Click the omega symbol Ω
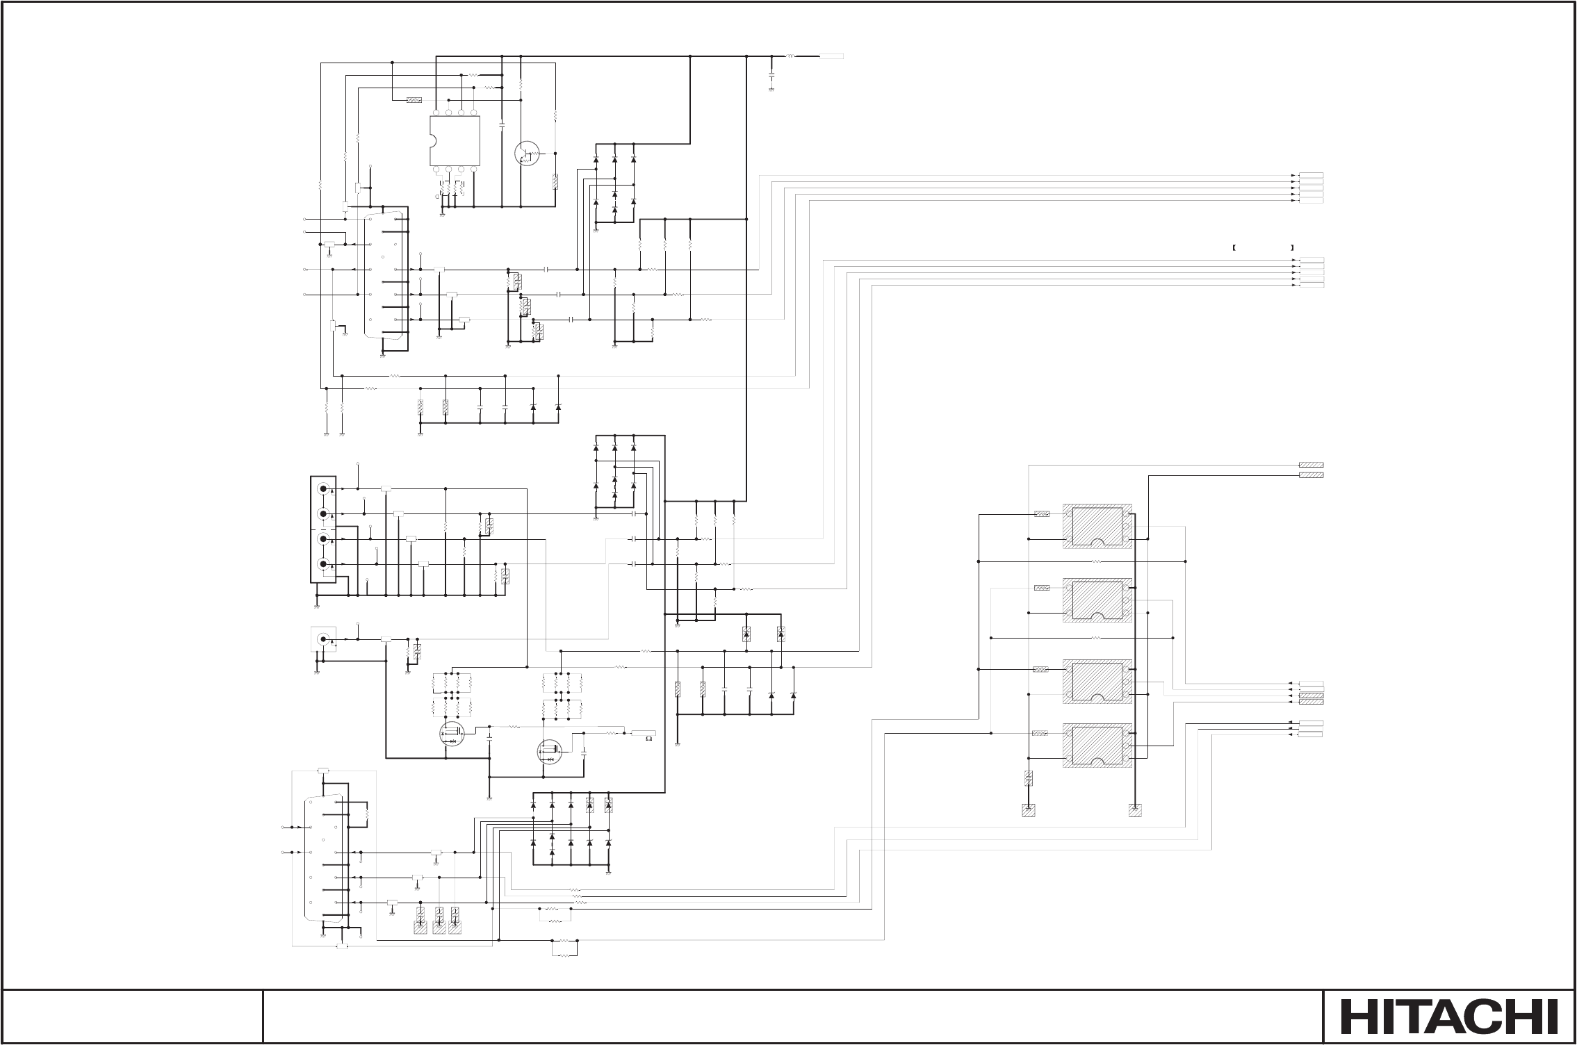[x=648, y=739]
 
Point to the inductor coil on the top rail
[x=791, y=56]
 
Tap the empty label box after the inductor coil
[x=831, y=56]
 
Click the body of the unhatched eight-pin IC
[x=455, y=140]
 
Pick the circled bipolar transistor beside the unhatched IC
[x=526, y=153]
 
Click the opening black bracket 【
[x=1232, y=247]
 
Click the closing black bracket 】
[x=1291, y=247]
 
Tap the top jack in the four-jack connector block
[x=323, y=488]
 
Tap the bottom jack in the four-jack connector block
[x=323, y=564]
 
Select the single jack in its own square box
[x=322, y=639]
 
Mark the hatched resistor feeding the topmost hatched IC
[x=1042, y=514]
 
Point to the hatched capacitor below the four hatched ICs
[x=1029, y=778]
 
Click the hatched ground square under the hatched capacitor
[x=1029, y=810]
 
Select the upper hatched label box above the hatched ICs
[x=1311, y=465]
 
